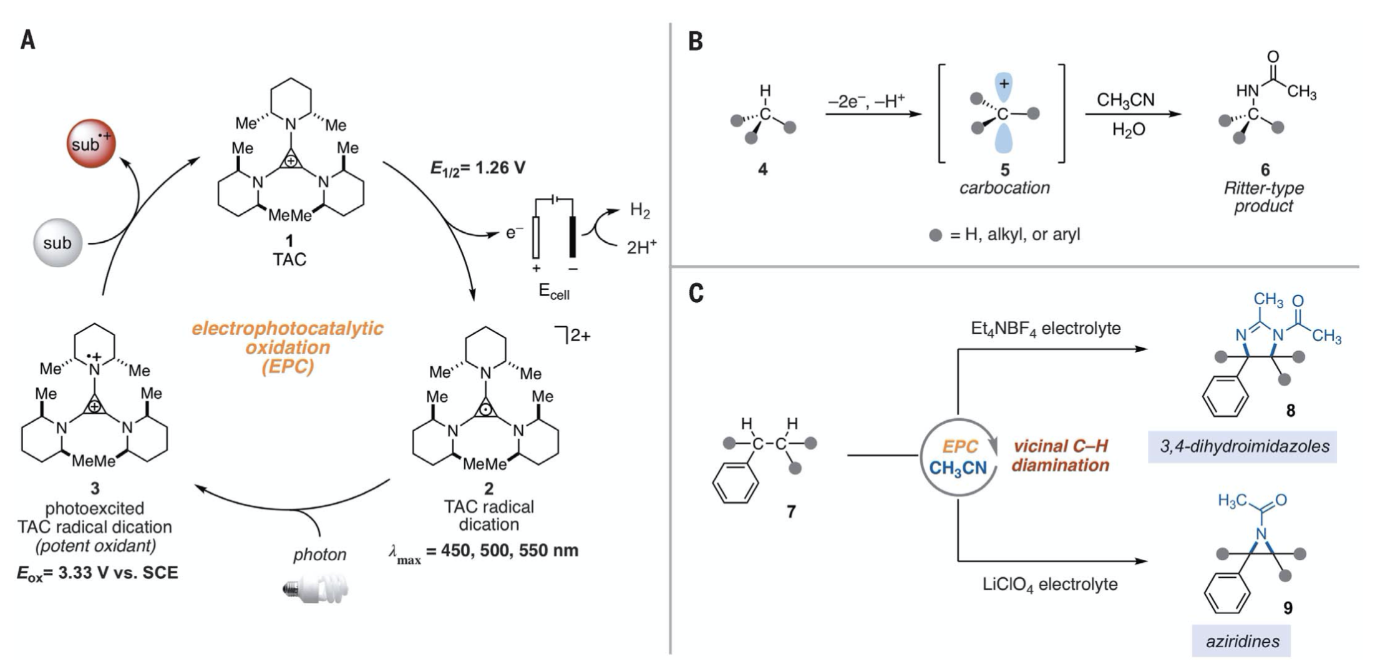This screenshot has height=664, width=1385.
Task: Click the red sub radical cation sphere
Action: tap(91, 144)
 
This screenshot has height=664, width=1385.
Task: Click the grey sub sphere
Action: tap(57, 242)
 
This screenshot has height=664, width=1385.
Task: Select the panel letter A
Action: tap(28, 41)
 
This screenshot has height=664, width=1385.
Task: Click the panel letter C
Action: tap(696, 293)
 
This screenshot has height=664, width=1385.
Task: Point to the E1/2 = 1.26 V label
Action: tap(478, 168)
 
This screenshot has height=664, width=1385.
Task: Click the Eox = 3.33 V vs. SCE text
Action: tap(97, 573)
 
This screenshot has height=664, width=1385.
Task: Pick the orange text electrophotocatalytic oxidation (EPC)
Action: tap(288, 347)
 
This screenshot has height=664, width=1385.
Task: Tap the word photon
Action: tap(319, 555)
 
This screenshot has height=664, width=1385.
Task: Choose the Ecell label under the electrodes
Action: tap(553, 292)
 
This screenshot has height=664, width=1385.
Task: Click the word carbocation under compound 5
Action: tap(1004, 188)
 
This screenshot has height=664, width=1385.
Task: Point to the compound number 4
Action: tap(762, 168)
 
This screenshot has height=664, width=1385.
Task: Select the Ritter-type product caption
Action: tap(1263, 197)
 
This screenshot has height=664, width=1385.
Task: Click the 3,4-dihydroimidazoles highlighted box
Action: tap(1242, 446)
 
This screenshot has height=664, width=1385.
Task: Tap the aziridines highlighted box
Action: tap(1241, 641)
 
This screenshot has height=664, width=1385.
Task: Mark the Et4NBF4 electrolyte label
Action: tap(1046, 328)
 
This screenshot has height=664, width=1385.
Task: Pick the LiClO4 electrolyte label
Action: tap(1050, 584)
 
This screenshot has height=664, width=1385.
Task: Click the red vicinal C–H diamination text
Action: tap(1061, 456)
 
